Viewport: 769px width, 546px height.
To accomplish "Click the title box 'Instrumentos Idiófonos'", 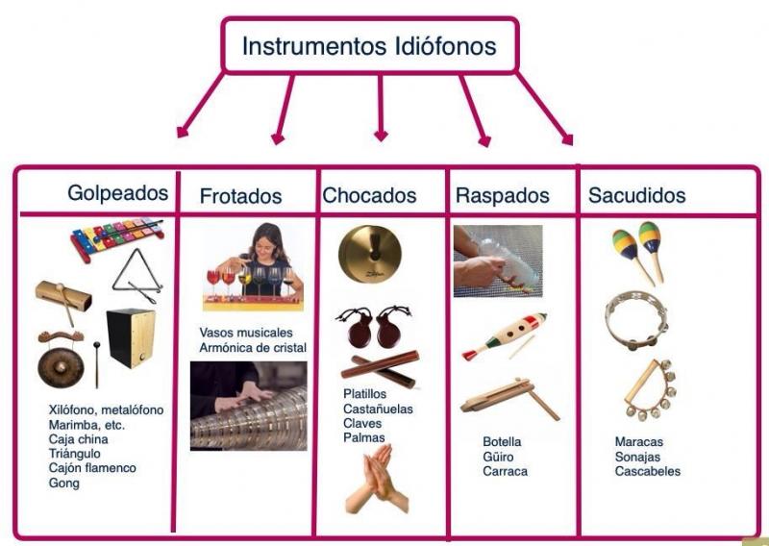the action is click(x=370, y=45).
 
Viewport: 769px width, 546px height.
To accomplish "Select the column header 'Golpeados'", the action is click(x=117, y=193).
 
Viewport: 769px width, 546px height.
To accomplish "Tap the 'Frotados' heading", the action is click(x=240, y=196).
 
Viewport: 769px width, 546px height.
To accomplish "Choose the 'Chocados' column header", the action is click(x=369, y=195).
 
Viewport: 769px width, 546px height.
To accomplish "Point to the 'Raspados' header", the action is click(x=502, y=195).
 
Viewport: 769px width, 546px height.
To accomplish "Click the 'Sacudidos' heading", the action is click(x=636, y=195).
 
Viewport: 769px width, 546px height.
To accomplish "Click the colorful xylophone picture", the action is click(x=116, y=239).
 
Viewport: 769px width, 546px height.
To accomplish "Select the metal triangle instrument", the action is click(x=136, y=276).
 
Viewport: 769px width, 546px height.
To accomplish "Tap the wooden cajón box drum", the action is click(x=131, y=338).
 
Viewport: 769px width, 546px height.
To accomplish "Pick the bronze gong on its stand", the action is click(x=61, y=360).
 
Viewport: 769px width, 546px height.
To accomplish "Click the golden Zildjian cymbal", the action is click(x=370, y=254).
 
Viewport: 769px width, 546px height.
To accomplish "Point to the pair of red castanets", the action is click(x=374, y=327).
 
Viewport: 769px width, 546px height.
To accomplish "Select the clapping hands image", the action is click(x=377, y=479).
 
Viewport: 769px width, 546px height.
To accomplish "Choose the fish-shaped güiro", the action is click(x=504, y=336).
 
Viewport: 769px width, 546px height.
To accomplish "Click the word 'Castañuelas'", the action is click(x=378, y=409).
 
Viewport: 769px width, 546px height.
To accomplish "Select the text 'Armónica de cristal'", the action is click(x=253, y=348).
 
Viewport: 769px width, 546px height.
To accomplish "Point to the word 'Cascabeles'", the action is click(x=647, y=471).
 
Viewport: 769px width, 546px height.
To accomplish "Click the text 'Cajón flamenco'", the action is click(x=92, y=468).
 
